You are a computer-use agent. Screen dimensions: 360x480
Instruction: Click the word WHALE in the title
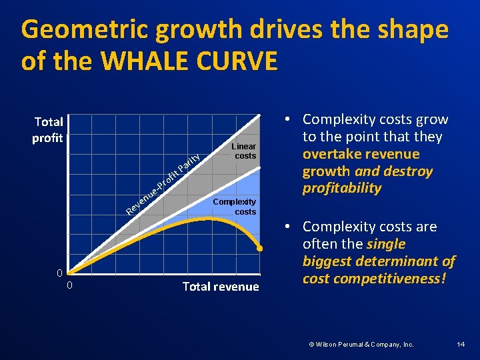pos(141,61)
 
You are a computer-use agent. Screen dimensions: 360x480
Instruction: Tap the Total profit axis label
pos(49,130)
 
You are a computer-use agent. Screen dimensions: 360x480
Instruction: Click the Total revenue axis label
pos(221,287)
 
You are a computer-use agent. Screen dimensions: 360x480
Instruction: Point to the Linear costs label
pos(244,151)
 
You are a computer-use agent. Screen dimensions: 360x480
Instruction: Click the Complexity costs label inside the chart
pos(234,207)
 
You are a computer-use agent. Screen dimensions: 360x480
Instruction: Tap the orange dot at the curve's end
pos(260,249)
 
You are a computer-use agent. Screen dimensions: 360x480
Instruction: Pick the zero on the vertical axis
pos(60,273)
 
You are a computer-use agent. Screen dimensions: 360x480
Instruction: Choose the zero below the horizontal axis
pos(70,286)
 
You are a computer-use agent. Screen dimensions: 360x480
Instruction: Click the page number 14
pos(460,344)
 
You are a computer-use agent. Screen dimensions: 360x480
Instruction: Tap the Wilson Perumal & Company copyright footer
pos(361,344)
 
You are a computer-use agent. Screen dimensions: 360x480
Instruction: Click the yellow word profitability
pos(342,189)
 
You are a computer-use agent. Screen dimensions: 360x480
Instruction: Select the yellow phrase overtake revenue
pos(361,154)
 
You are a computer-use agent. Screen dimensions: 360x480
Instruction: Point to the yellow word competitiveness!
pos(374,279)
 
